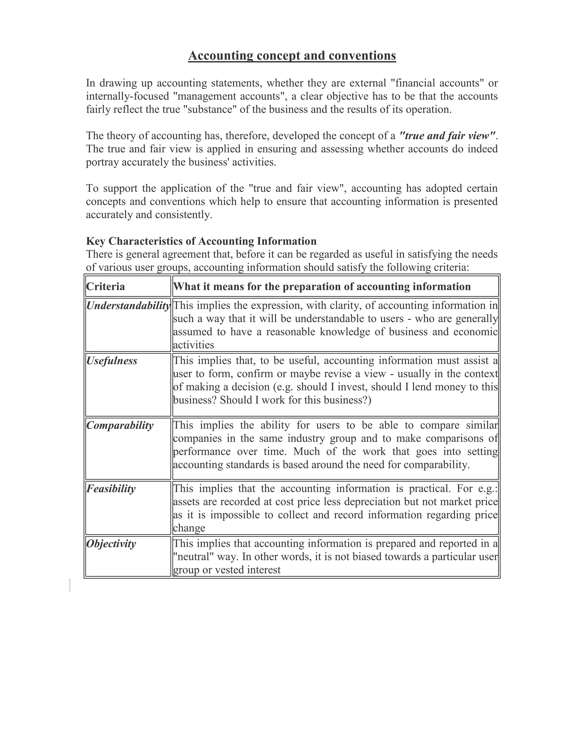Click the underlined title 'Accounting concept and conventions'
tap(292, 56)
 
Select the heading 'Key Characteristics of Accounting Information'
tap(201, 241)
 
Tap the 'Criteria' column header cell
tap(106, 287)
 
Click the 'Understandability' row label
tap(128, 306)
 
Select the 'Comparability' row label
tap(119, 425)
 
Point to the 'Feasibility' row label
tap(111, 489)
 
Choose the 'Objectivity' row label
tap(111, 544)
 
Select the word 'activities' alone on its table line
tap(193, 345)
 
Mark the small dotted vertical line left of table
tap(70, 585)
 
